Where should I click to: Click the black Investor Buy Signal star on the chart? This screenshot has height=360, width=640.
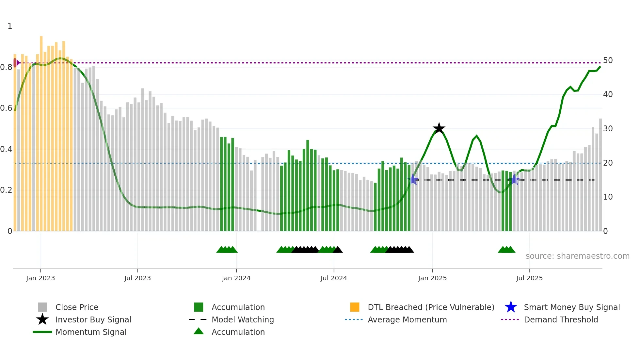[439, 128]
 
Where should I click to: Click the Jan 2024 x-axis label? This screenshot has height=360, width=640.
[236, 278]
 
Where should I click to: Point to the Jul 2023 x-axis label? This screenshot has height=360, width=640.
[137, 278]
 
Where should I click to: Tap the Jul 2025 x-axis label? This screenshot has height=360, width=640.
[529, 278]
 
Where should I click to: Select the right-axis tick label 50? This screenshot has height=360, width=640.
[608, 60]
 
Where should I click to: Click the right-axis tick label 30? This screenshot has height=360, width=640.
[608, 129]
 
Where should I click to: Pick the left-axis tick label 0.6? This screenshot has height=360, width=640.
[7, 108]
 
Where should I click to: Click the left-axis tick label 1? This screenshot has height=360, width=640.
[10, 26]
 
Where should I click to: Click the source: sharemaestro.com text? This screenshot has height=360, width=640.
[577, 256]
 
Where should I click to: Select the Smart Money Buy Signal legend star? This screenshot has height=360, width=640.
[511, 307]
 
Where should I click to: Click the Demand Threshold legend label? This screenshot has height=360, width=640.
[561, 319]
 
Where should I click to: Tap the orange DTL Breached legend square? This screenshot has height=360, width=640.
[355, 307]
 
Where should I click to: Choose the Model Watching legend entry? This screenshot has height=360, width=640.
[243, 319]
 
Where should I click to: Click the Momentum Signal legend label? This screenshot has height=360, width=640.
[91, 332]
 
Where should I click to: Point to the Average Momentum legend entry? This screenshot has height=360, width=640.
[407, 319]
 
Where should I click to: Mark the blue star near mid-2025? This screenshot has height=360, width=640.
[514, 179]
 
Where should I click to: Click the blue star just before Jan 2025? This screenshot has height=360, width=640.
[413, 179]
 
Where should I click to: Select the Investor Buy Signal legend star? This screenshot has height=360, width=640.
[42, 319]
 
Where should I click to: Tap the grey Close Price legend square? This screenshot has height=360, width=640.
[42, 307]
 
